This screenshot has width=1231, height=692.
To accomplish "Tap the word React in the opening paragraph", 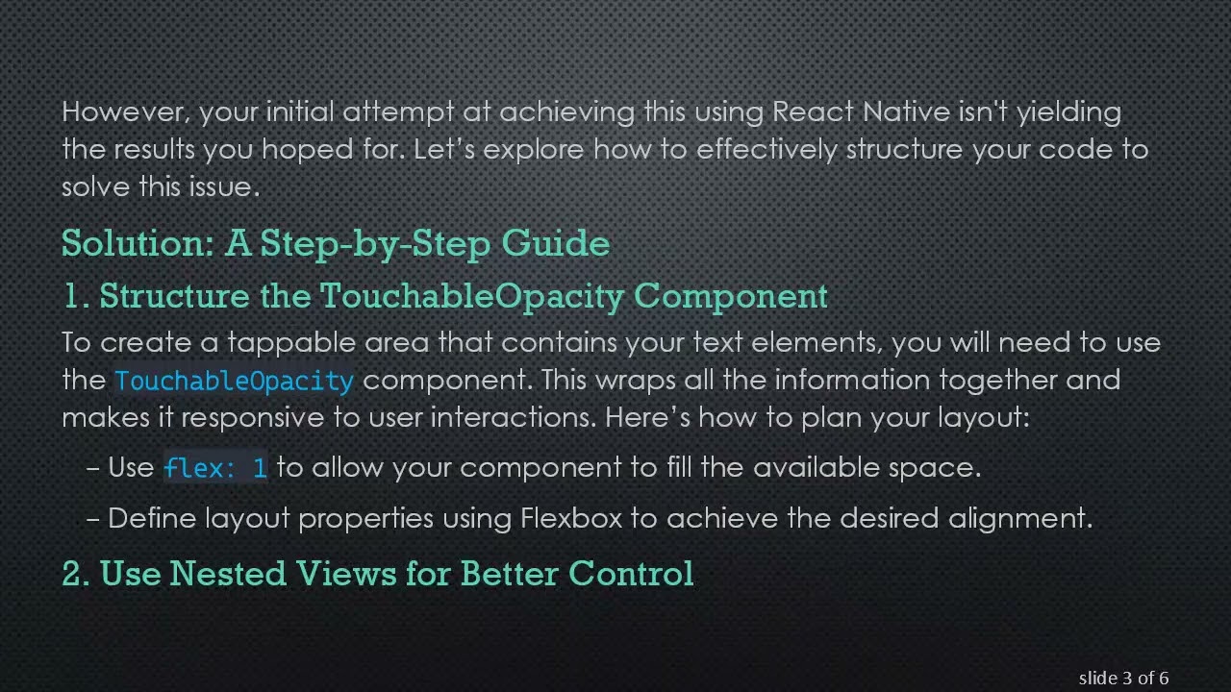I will tap(813, 112).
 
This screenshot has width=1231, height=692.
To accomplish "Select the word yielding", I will tap(1068, 112).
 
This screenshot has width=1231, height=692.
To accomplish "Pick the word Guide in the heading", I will tap(556, 243).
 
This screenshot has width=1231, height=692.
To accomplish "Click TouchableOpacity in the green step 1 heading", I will tap(472, 295).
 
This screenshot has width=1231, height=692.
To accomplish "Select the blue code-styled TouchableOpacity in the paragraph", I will tap(234, 381).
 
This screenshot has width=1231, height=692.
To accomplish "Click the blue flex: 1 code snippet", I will tap(215, 468).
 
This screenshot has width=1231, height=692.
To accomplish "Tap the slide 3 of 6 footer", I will tap(1123, 679).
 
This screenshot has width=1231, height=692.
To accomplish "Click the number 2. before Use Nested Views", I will tap(76, 573).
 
